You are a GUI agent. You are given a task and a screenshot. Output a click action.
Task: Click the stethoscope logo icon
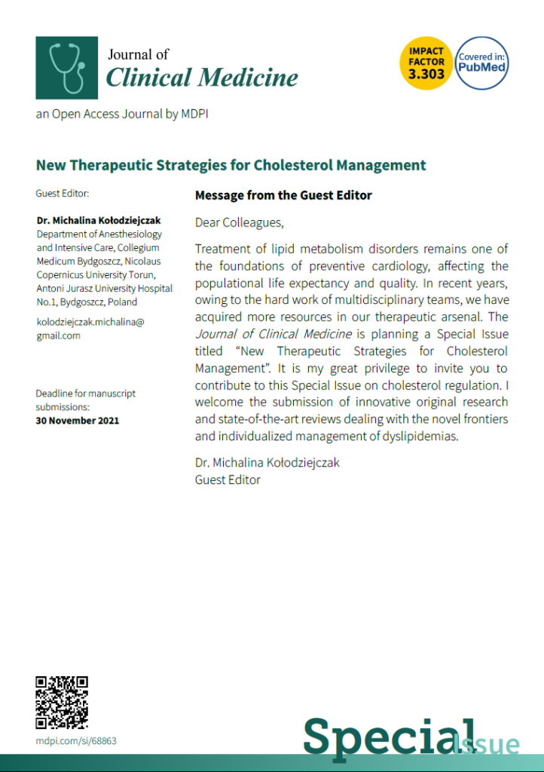click(x=66, y=68)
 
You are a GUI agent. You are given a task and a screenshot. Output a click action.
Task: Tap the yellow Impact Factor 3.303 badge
click(x=426, y=63)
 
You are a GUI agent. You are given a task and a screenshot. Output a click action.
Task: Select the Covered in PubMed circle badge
click(x=482, y=63)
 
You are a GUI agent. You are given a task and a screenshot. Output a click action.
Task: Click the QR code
click(x=62, y=703)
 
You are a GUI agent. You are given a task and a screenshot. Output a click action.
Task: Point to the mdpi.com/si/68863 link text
click(x=76, y=741)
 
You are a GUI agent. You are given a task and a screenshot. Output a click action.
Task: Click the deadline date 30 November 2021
click(x=77, y=420)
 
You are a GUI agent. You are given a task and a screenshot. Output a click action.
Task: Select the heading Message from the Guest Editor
click(x=283, y=195)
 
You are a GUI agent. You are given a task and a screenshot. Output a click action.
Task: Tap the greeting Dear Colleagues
click(x=240, y=222)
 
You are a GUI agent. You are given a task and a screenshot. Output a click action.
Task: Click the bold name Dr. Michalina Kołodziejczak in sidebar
click(x=99, y=221)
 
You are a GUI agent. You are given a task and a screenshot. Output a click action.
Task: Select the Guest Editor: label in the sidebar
click(x=63, y=194)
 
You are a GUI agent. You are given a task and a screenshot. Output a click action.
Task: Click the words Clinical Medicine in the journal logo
click(x=202, y=77)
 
